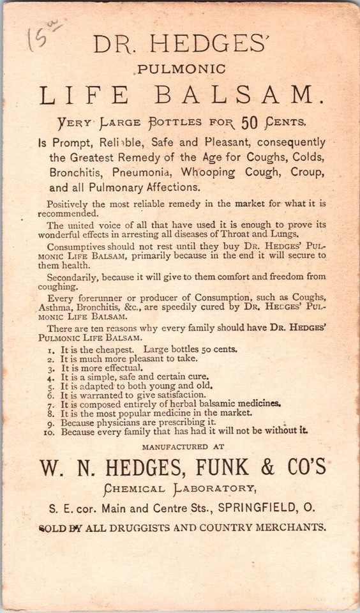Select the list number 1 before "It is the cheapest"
pyautogui.click(x=51, y=350)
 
